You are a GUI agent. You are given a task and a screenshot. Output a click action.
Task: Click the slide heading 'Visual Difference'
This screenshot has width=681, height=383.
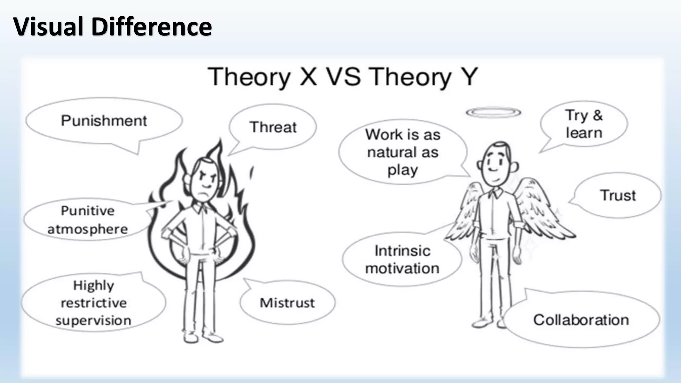112,27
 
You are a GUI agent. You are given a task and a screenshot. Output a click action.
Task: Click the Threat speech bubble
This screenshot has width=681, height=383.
273,127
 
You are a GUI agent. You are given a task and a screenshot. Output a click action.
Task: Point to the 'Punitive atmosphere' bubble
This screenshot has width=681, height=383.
87,220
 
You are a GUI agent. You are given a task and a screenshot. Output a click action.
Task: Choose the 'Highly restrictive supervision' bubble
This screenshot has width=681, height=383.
93,303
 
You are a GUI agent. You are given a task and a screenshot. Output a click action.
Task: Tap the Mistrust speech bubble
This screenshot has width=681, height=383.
287,303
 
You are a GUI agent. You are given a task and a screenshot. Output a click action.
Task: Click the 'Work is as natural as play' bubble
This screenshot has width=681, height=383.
403,152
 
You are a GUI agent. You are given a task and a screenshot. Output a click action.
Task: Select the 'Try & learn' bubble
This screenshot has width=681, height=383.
584,124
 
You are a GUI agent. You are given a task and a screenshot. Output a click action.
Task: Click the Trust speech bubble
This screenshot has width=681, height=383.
618,195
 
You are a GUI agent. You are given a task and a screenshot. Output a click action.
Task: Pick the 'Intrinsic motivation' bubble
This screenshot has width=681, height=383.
402,260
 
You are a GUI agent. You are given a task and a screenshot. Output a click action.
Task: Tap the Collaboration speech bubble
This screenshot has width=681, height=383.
581,320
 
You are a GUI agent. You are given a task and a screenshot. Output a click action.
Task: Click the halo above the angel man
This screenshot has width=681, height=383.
493,113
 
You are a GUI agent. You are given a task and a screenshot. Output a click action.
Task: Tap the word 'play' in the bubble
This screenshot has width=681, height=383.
402,170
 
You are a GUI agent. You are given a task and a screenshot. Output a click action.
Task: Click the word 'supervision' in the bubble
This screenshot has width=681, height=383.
93,320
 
